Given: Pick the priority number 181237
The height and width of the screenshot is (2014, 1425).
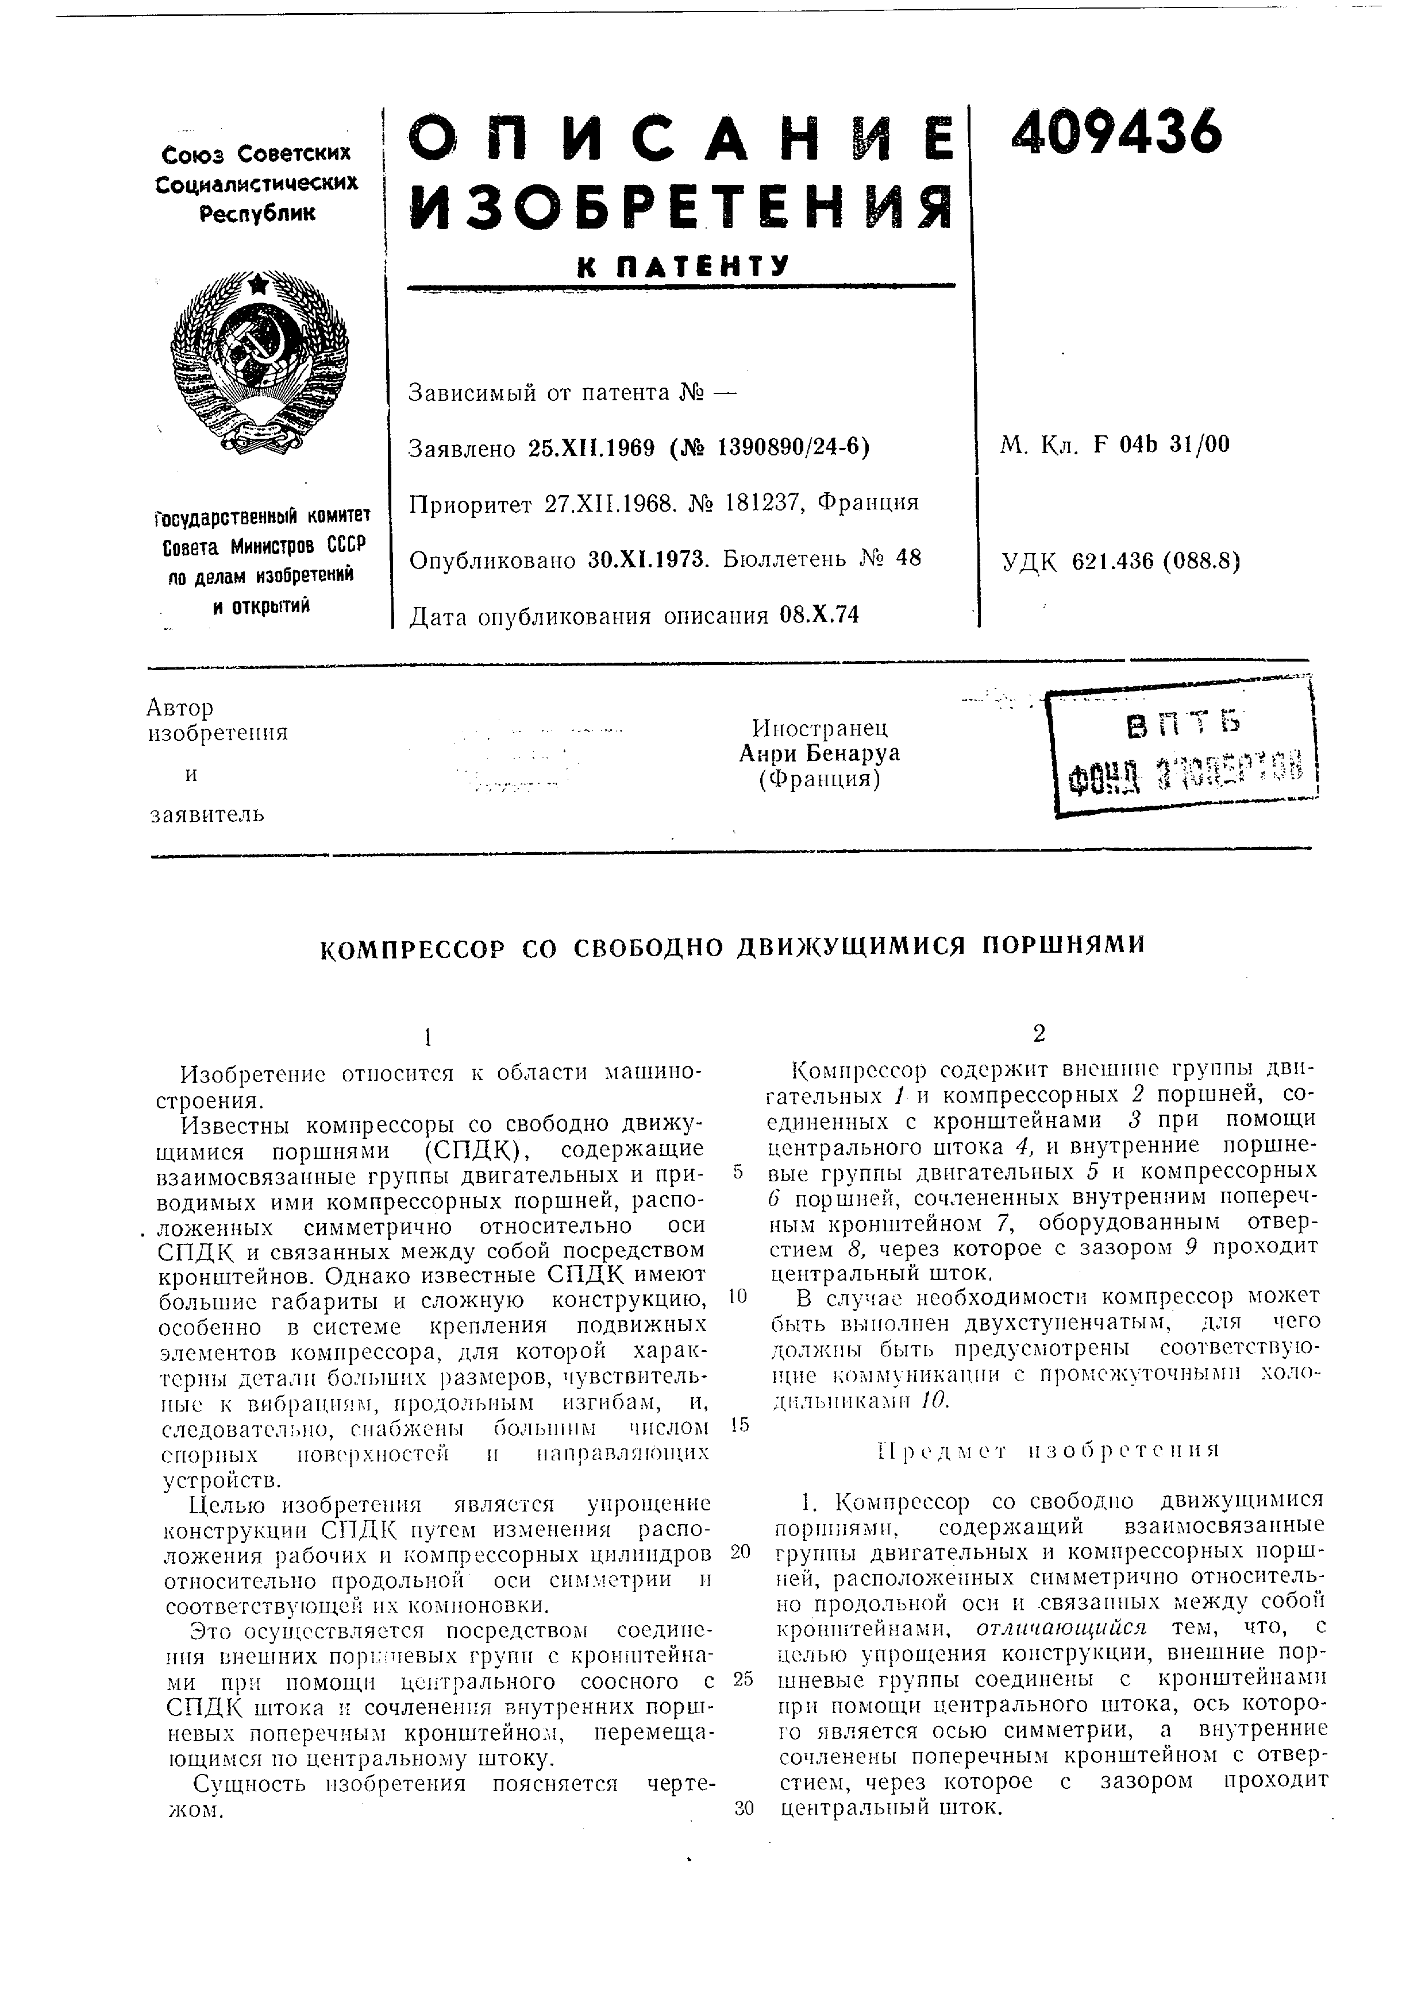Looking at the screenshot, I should click(x=760, y=502).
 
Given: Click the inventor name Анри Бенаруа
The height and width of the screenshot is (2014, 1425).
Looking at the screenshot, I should click(x=819, y=753).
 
